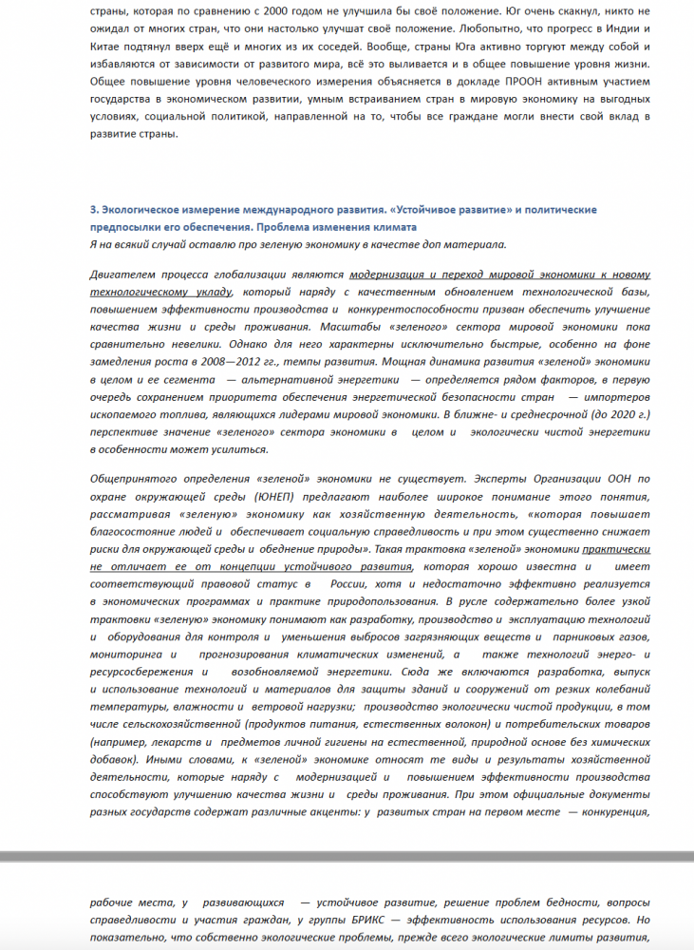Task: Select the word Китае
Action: (108, 48)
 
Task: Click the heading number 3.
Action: (92, 208)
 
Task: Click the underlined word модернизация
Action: (386, 275)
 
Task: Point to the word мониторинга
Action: (123, 655)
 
